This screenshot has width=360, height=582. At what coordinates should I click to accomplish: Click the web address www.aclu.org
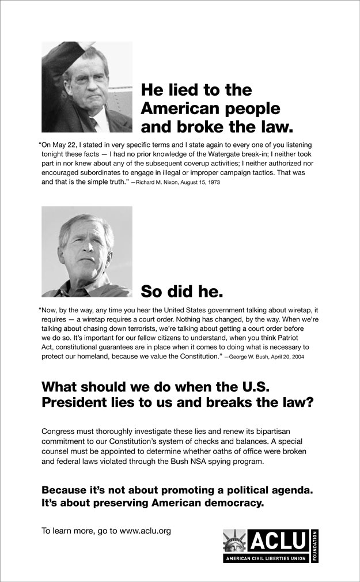point(145,531)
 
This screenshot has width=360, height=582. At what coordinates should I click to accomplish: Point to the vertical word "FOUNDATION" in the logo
point(314,546)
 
